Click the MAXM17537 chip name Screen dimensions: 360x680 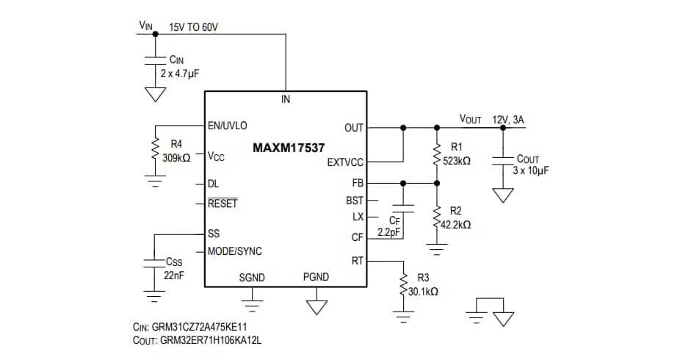[x=289, y=148]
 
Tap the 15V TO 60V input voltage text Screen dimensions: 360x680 [x=193, y=27]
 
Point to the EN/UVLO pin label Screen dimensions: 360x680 [x=228, y=126]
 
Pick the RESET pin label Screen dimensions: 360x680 [x=223, y=204]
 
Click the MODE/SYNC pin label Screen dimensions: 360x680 [x=234, y=251]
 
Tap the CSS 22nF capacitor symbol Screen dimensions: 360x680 [x=154, y=262]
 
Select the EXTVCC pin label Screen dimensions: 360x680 [x=345, y=162]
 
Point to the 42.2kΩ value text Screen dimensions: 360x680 [x=456, y=225]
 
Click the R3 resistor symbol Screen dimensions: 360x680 [x=403, y=285]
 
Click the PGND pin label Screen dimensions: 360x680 [x=316, y=277]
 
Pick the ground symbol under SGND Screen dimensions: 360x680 [x=252, y=295]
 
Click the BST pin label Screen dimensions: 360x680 [x=355, y=200]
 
